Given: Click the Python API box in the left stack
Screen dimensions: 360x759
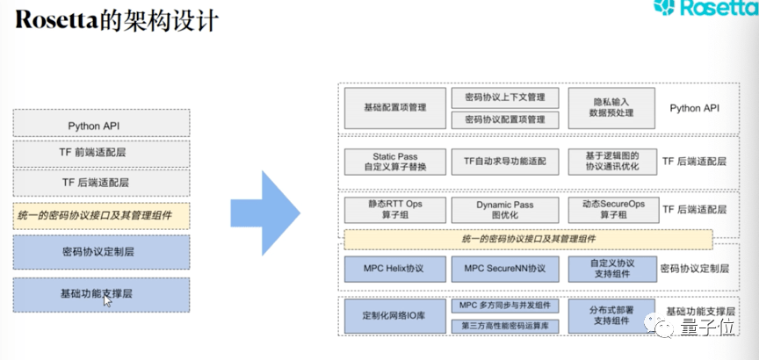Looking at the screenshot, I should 102,126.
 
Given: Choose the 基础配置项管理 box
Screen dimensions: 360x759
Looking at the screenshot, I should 394,108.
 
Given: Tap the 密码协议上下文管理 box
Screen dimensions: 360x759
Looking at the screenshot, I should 504,97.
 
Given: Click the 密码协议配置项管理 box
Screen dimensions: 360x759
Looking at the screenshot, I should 504,119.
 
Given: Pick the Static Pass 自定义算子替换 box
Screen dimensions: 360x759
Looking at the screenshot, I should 394,160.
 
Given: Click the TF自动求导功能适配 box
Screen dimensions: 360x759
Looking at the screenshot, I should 504,161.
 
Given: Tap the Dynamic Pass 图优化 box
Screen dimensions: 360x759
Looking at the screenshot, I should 504,209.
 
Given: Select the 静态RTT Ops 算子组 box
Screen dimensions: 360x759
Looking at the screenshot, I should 394,209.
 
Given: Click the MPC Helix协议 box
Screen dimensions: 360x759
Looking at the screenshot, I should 394,268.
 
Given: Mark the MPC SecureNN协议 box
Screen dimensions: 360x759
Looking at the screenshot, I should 504,268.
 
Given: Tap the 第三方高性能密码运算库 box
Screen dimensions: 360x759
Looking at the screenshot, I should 504,326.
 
